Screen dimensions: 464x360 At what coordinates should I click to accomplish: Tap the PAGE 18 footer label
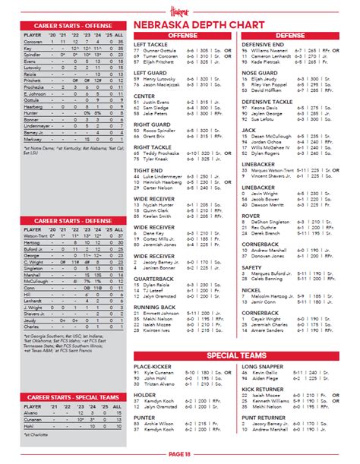pyautogui.click(x=178, y=453)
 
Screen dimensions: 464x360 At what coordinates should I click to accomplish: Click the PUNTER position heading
pyautogui.click(x=145, y=418)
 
